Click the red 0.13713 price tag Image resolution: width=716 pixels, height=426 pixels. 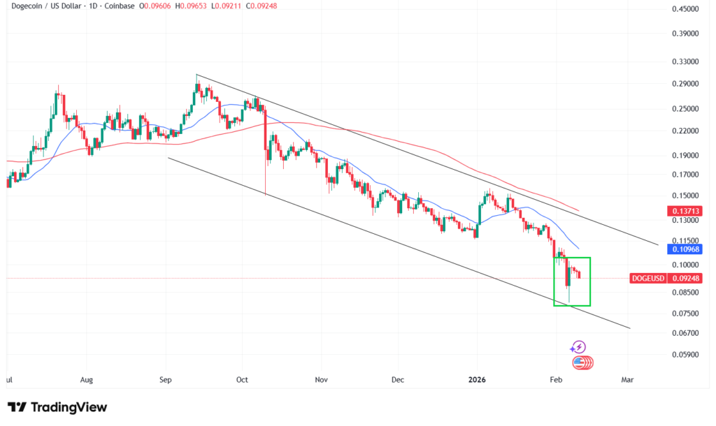click(x=687, y=211)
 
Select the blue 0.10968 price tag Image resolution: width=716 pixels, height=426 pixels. click(x=687, y=249)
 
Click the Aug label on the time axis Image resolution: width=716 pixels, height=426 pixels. click(x=87, y=381)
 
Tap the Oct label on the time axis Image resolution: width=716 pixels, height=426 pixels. click(x=242, y=381)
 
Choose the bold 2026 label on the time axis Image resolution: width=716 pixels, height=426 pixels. click(x=478, y=381)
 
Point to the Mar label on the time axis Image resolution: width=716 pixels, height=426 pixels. click(x=627, y=381)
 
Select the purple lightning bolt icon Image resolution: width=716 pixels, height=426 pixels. click(x=578, y=347)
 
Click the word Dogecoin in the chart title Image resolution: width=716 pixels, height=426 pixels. click(x=22, y=7)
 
